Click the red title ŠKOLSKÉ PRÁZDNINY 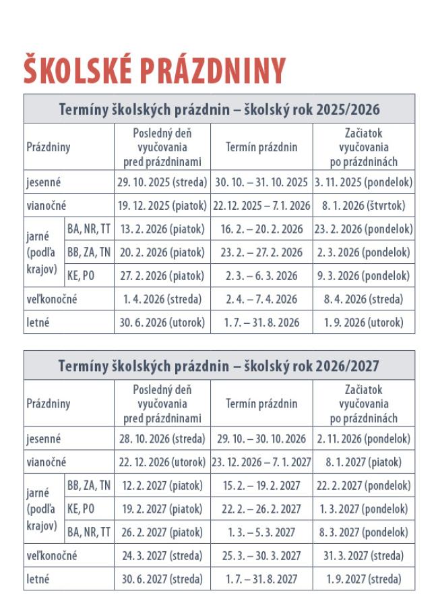click(155, 69)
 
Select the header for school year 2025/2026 click(219, 109)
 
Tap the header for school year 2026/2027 click(219, 366)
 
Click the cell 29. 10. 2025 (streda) click(162, 182)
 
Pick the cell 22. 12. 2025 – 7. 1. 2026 click(261, 206)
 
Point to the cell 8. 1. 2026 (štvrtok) click(364, 206)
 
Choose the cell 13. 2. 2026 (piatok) click(162, 229)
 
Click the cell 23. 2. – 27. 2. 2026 click(261, 252)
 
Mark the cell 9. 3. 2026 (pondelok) click(364, 276)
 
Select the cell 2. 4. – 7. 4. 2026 click(261, 299)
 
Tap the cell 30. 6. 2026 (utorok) click(162, 323)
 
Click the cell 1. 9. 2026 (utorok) click(364, 323)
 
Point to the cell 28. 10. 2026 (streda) click(162, 439)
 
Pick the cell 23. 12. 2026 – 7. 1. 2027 click(261, 462)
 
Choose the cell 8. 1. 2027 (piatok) click(364, 462)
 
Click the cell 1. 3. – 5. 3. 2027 click(261, 532)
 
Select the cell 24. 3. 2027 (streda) click(162, 556)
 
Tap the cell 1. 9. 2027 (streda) click(364, 579)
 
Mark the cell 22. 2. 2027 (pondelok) click(364, 486)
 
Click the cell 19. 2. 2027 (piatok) click(162, 509)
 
